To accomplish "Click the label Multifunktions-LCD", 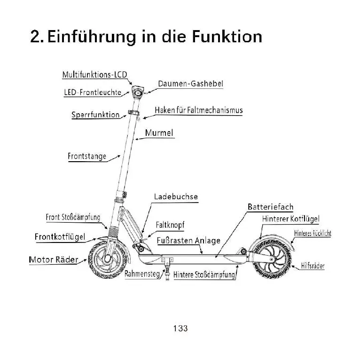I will [x=94, y=75].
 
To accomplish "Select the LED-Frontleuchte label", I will [x=93, y=93].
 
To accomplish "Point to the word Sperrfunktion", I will [x=95, y=115].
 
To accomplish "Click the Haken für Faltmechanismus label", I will [x=198, y=110].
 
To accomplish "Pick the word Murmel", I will [x=159, y=133].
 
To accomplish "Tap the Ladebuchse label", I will [x=176, y=197].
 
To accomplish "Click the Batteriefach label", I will [x=270, y=207].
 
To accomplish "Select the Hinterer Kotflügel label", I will [x=291, y=219].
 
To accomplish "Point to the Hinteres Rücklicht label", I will [x=313, y=233].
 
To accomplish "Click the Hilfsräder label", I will [x=313, y=266].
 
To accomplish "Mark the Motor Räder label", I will [x=54, y=259].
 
